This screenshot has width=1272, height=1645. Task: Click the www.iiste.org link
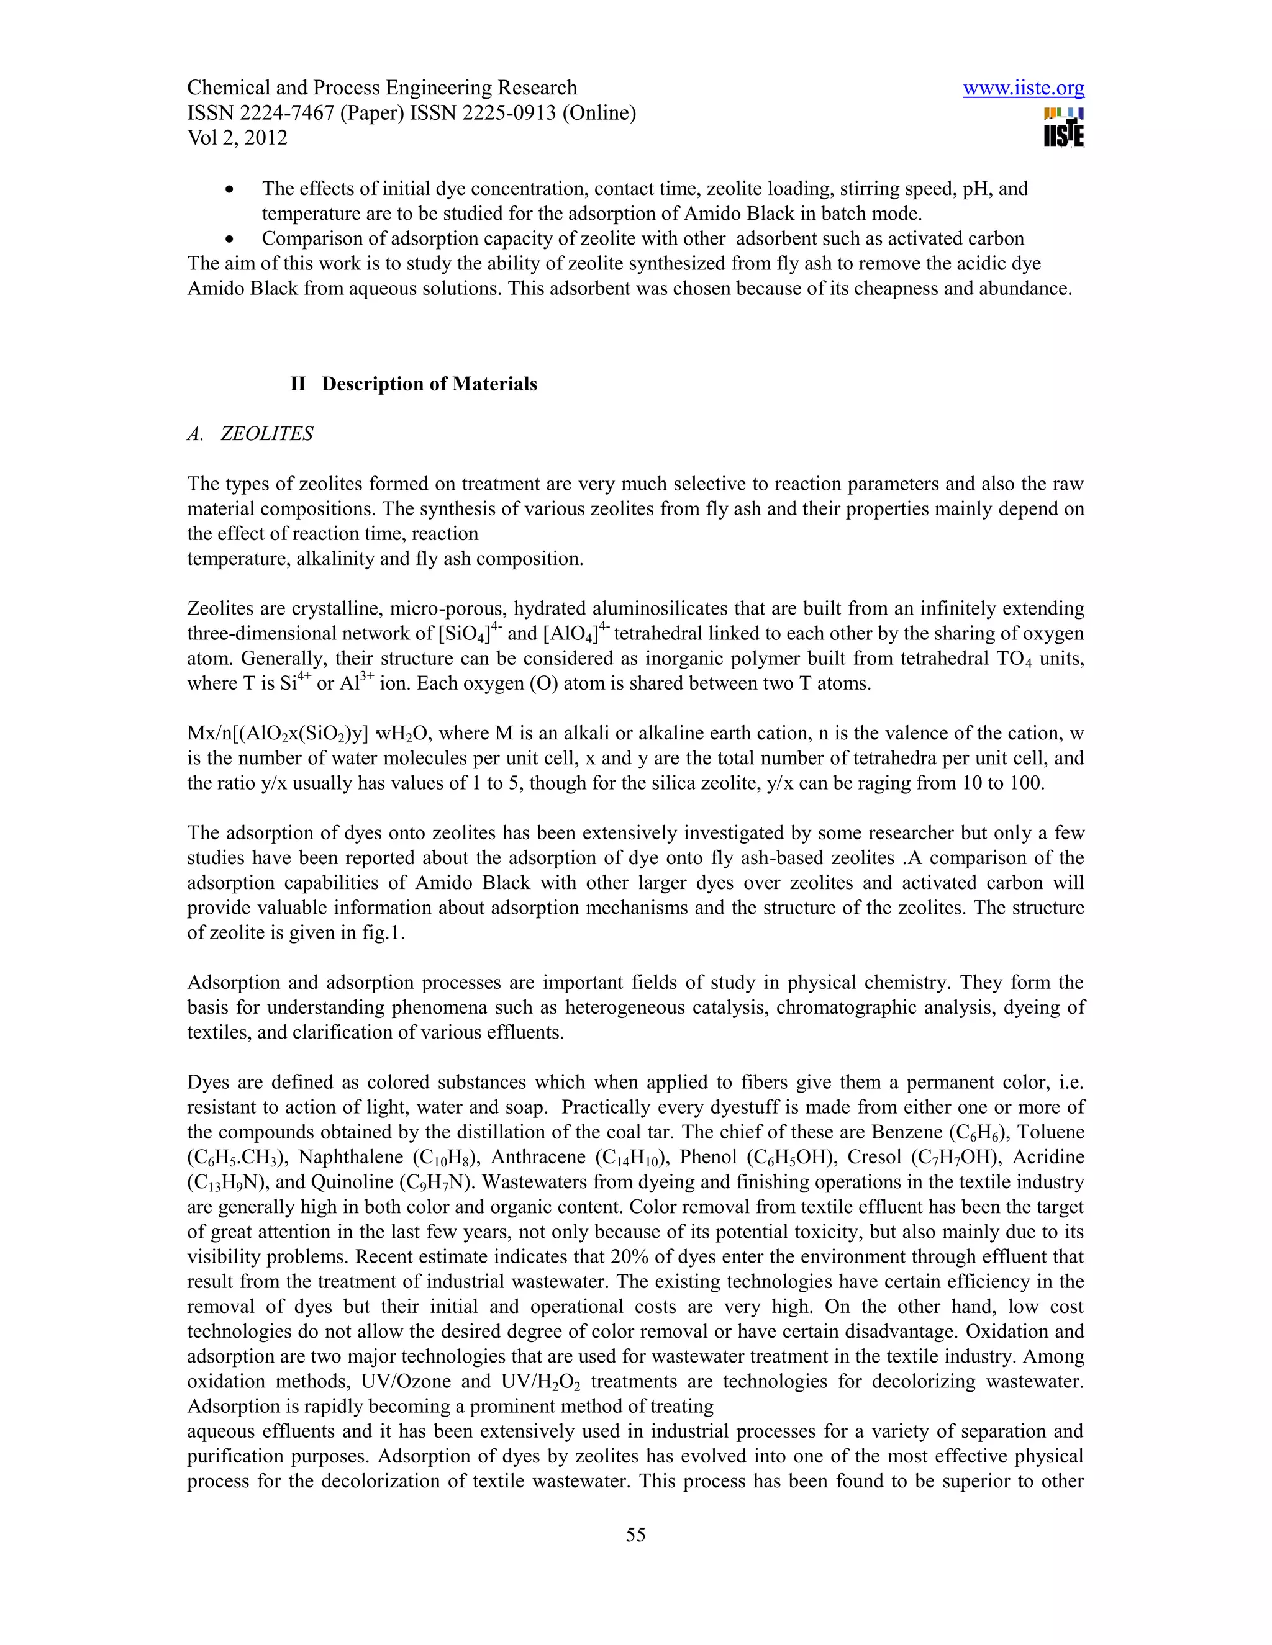pyautogui.click(x=1024, y=89)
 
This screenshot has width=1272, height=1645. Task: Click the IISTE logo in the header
pyautogui.click(x=1063, y=128)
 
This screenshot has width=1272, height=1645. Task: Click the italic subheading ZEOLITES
pyautogui.click(x=266, y=434)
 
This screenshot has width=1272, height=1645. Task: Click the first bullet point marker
pyautogui.click(x=230, y=189)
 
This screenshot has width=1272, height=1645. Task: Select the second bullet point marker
pyautogui.click(x=230, y=240)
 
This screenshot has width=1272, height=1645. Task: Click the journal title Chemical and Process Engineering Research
pyautogui.click(x=381, y=88)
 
